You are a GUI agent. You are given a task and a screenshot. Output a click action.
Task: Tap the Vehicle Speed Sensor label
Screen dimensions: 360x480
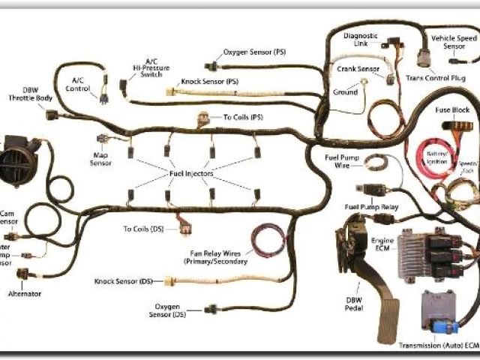click(454, 42)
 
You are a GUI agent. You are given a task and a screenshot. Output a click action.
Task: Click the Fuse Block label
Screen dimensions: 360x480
click(453, 109)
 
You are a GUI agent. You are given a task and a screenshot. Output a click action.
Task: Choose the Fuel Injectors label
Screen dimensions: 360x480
click(187, 173)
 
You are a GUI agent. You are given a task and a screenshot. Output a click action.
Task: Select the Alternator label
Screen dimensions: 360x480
click(25, 295)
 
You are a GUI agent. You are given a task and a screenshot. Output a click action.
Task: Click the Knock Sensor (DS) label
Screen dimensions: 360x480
click(124, 281)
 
